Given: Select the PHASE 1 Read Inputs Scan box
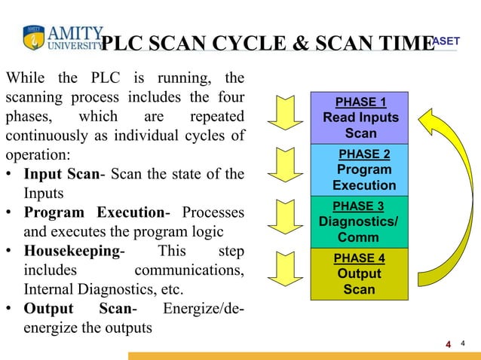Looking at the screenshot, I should tap(360, 118).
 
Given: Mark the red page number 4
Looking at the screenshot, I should tap(449, 344).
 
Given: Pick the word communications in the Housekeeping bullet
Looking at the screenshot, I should tap(188, 270).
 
